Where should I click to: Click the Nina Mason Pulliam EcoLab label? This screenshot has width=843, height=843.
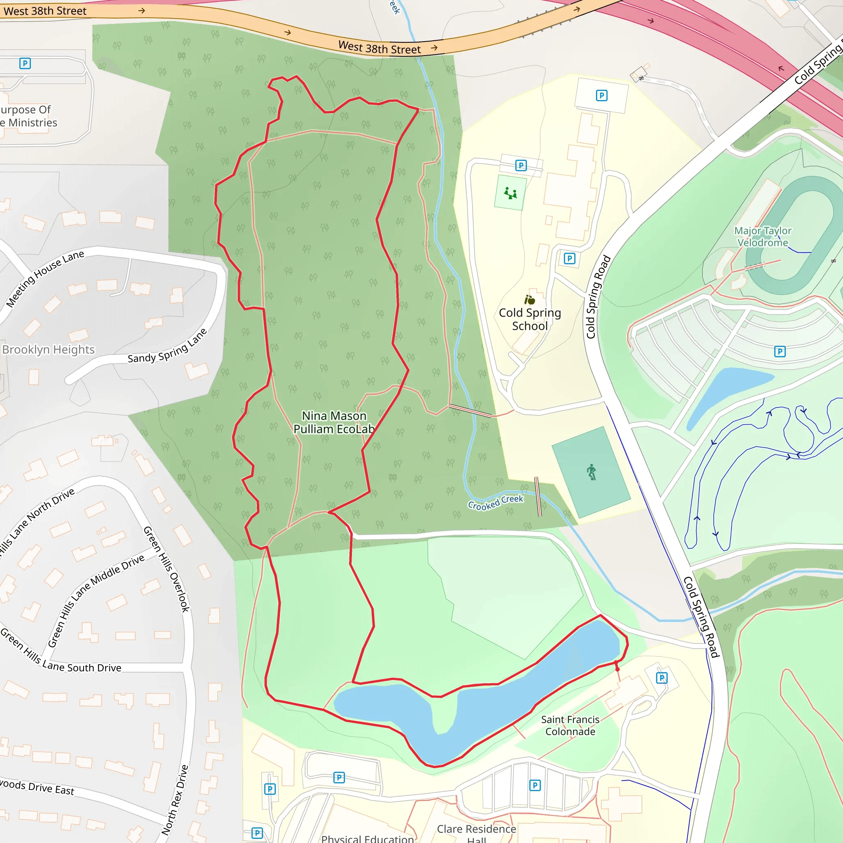click(x=334, y=422)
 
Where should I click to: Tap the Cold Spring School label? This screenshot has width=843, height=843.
click(x=530, y=319)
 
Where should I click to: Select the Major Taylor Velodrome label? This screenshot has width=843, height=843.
click(x=762, y=237)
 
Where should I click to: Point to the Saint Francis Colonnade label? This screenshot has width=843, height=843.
click(x=570, y=725)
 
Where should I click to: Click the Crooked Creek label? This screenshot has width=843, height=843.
click(x=495, y=503)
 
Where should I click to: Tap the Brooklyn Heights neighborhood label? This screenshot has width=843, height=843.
click(x=49, y=350)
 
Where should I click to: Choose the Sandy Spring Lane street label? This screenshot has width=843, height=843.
click(x=167, y=347)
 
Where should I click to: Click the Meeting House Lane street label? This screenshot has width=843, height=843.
click(x=45, y=279)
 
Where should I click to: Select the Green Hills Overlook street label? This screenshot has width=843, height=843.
click(x=167, y=569)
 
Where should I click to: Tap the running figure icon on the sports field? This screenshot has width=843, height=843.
click(x=591, y=472)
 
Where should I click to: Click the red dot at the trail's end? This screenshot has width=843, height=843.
click(x=617, y=669)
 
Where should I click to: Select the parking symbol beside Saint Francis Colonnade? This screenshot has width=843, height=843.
click(x=661, y=678)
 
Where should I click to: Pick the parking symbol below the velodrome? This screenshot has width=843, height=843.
click(x=780, y=351)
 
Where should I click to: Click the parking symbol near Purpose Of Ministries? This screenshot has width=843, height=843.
click(x=25, y=64)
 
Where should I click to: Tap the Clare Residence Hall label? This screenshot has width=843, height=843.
click(x=477, y=833)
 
